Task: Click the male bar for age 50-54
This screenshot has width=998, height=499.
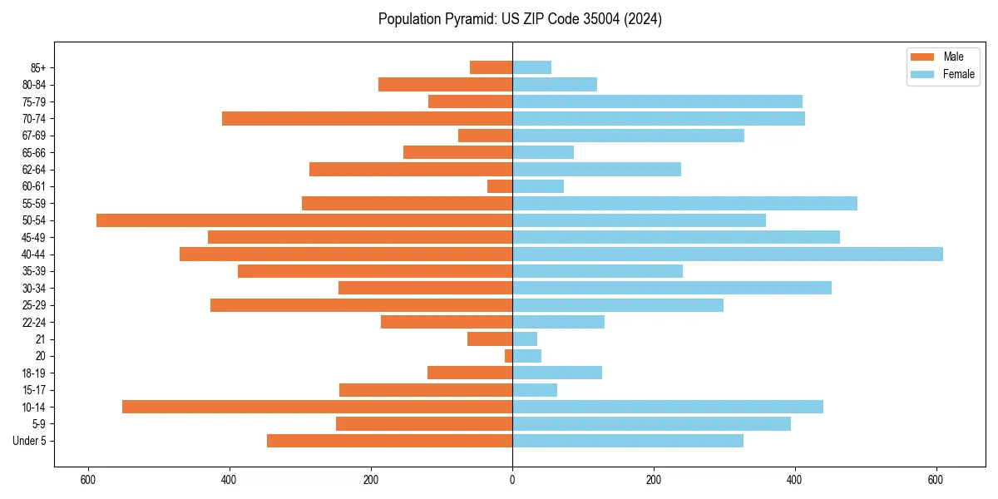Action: coord(304,220)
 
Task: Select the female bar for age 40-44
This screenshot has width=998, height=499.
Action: coord(728,254)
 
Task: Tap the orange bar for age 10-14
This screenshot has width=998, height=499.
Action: coord(317,407)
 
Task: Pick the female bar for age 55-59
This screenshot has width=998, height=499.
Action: coord(684,204)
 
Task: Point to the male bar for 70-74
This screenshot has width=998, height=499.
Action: coord(367,119)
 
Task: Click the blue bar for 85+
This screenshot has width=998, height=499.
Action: coord(531,67)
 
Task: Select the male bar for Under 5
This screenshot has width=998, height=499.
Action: coord(389,441)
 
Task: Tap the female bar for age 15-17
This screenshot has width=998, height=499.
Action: coord(535,390)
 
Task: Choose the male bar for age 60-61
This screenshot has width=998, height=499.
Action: coord(500,186)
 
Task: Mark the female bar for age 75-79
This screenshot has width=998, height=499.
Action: coord(657,101)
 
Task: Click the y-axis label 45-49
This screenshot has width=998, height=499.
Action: coord(33,238)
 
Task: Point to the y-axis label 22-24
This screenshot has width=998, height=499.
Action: coord(33,323)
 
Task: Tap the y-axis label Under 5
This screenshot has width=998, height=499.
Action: coord(29,441)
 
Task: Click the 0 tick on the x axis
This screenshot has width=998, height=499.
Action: coord(512,480)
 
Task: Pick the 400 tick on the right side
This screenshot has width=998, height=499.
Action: coord(795,480)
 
